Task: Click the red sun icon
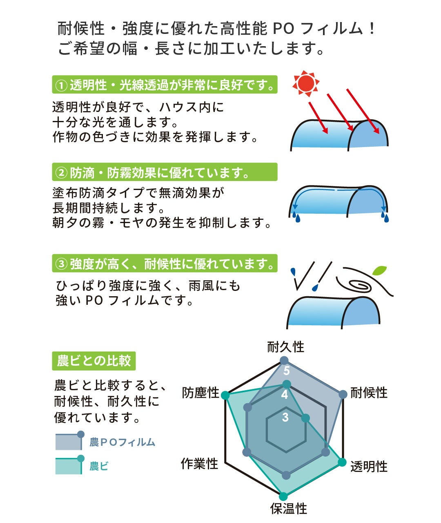coord(306,84)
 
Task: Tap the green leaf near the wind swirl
coord(379,270)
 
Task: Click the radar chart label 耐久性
coord(285,347)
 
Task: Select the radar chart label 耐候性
coord(369,393)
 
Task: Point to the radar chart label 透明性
coord(369,466)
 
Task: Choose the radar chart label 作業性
coord(200,463)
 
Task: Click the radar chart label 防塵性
coord(200,393)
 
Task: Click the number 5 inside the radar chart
coord(287,371)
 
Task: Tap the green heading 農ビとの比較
coord(94,361)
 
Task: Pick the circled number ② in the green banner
coord(61,173)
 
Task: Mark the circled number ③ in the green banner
coord(61,264)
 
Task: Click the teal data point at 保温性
coord(283,496)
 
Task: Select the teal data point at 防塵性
coord(225,395)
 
